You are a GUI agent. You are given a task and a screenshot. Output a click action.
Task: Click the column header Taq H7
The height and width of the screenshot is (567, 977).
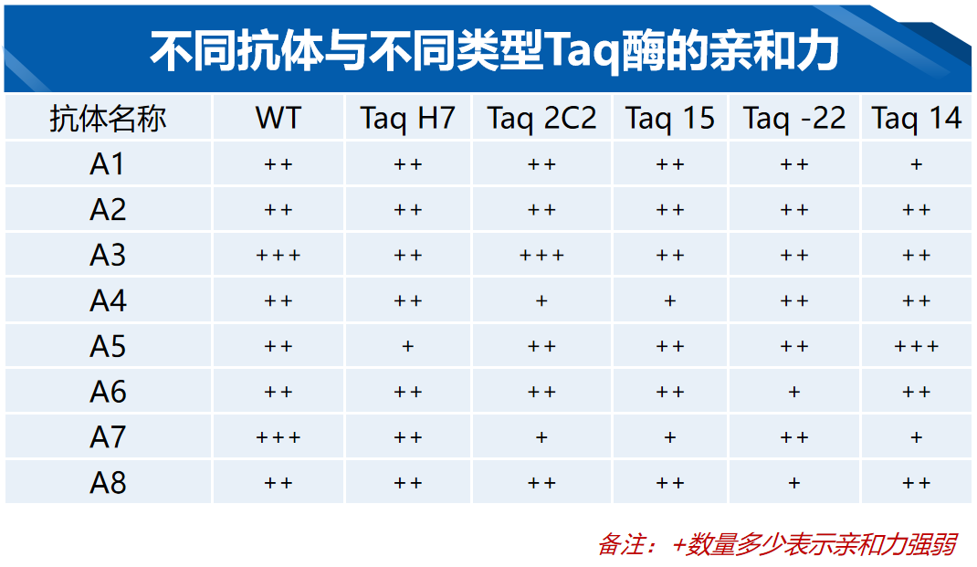pyautogui.click(x=407, y=119)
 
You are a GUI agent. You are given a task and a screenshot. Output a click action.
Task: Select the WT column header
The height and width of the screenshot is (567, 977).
pyautogui.click(x=278, y=118)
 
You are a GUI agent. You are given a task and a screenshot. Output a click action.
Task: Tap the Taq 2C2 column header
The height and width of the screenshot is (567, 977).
pyautogui.click(x=541, y=119)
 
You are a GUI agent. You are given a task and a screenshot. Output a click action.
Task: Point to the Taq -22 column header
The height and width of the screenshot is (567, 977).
pyautogui.click(x=793, y=119)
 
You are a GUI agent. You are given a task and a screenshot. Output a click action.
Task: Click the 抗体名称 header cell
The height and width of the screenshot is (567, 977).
pyautogui.click(x=108, y=119)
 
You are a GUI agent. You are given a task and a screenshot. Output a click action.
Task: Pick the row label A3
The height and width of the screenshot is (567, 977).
pyautogui.click(x=108, y=255)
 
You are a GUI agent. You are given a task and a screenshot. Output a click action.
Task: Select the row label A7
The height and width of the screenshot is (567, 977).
pyautogui.click(x=108, y=436)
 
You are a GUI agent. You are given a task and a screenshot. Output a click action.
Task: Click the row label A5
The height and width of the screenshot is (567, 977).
pyautogui.click(x=108, y=346)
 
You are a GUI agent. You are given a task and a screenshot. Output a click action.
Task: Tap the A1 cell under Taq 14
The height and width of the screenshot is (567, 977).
pyautogui.click(x=916, y=164)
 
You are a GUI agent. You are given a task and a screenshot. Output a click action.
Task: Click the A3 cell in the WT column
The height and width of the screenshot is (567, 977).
pyautogui.click(x=278, y=255)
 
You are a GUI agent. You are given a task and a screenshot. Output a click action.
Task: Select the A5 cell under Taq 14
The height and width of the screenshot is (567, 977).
pyautogui.click(x=916, y=346)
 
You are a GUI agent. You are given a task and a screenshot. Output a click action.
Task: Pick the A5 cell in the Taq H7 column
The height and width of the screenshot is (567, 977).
pyautogui.click(x=407, y=346)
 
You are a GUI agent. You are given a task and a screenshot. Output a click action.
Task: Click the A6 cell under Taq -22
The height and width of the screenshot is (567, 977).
pyautogui.click(x=793, y=392)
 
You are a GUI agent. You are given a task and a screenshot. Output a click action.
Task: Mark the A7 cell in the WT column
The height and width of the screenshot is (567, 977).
pyautogui.click(x=278, y=437)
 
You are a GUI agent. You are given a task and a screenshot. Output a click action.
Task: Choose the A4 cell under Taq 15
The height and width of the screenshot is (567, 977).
pyautogui.click(x=670, y=301)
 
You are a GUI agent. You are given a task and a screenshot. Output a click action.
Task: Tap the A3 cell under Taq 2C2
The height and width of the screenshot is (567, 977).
pyautogui.click(x=541, y=255)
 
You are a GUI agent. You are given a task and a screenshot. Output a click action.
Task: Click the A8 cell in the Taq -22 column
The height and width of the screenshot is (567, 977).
pyautogui.click(x=793, y=483)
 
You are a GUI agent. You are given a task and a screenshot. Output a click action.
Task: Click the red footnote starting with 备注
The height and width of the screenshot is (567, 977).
pyautogui.click(x=777, y=544)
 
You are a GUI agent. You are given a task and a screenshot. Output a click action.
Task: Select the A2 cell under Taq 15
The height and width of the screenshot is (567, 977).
pyautogui.click(x=670, y=210)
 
